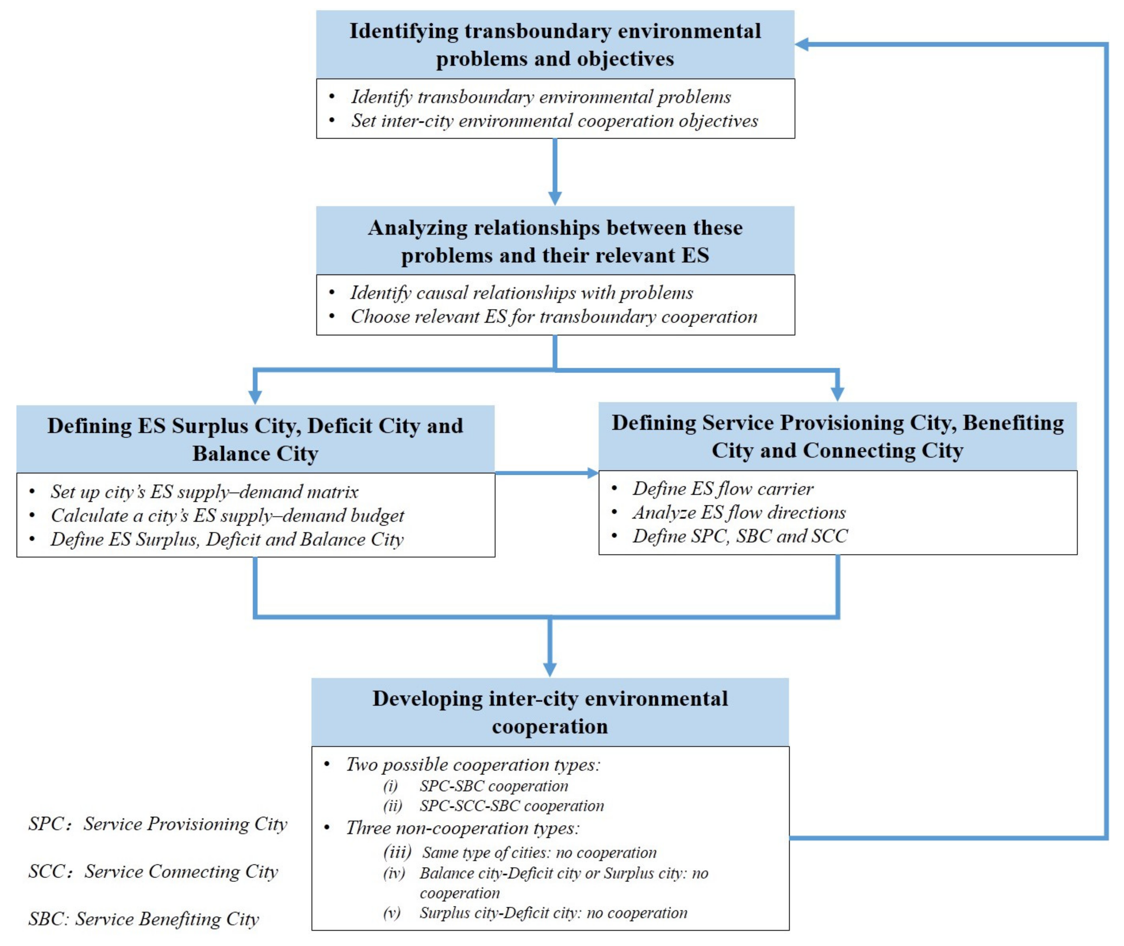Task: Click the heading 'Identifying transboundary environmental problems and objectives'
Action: pyautogui.click(x=555, y=45)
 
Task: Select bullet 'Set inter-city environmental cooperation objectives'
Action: pyautogui.click(x=554, y=121)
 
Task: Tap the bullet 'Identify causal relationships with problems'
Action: pyautogui.click(x=521, y=293)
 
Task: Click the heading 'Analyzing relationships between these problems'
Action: pyautogui.click(x=555, y=241)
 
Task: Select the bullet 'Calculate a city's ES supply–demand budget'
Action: pyautogui.click(x=227, y=515)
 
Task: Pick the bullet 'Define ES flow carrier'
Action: pyautogui.click(x=722, y=489)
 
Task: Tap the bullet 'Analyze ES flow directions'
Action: pyautogui.click(x=739, y=513)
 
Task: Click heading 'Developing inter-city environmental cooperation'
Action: pyautogui.click(x=550, y=712)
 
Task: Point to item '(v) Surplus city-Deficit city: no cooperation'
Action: pyautogui.click(x=553, y=913)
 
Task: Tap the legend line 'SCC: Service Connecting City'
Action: pyautogui.click(x=153, y=872)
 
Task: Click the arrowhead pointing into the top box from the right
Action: pyautogui.click(x=802, y=45)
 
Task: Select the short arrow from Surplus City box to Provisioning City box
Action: pyautogui.click(x=546, y=473)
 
